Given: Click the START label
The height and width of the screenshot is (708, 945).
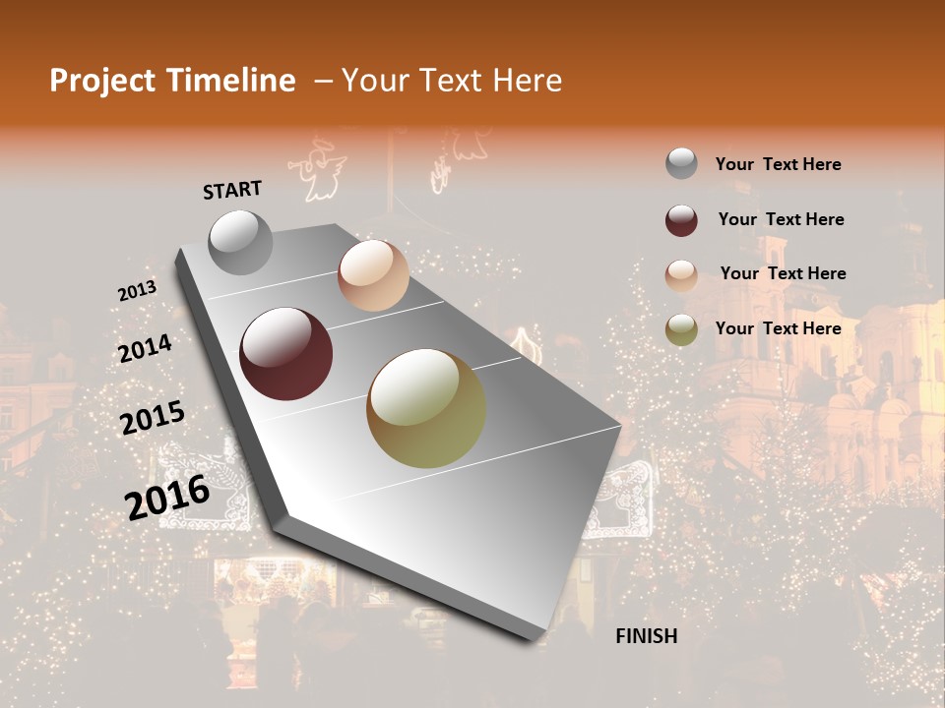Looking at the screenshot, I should tap(232, 190).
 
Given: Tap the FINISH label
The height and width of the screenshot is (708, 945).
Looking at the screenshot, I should tap(646, 636).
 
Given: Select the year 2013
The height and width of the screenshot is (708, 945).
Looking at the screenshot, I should tap(138, 291).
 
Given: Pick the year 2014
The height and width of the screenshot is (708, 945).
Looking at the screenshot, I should tap(145, 349).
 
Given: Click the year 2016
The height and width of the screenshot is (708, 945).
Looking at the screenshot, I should tap(167, 497).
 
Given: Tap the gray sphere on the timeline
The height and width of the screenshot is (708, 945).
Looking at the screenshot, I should tap(240, 242).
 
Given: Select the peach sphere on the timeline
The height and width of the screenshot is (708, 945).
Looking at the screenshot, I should tap(373, 275).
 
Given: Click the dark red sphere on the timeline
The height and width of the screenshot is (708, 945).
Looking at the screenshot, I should tap(285, 354).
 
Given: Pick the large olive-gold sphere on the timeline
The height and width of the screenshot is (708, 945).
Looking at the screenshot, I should tap(426, 408).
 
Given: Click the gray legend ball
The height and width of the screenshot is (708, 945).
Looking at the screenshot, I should tap(681, 164).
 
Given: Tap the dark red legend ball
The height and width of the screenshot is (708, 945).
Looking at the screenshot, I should tap(681, 219).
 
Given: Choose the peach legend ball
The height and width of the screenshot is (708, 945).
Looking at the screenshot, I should tap(681, 274).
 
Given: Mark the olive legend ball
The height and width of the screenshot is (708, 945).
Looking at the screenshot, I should tap(681, 329).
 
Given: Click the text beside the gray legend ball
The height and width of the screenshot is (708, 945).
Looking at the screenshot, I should tap(778, 165).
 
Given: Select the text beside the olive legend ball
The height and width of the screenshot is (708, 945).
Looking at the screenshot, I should tap(778, 328).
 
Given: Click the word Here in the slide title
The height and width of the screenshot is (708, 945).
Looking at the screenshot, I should tap(527, 81).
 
